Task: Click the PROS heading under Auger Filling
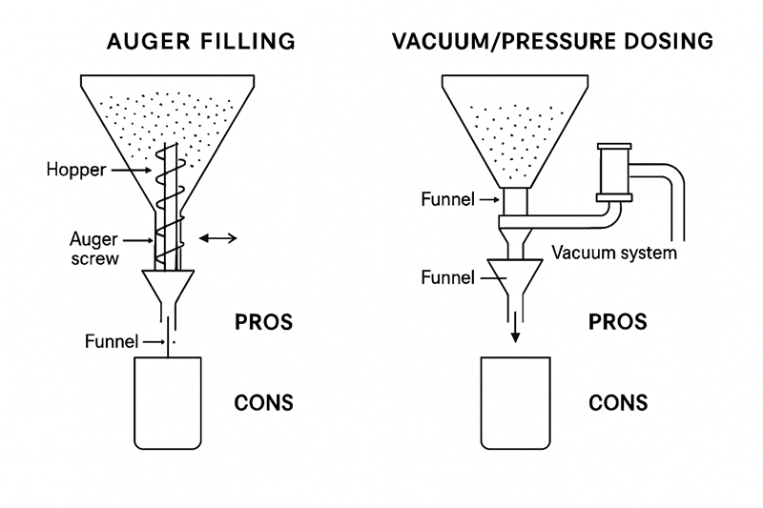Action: pos(263,322)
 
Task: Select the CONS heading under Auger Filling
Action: pos(263,402)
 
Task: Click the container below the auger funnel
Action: pos(168,402)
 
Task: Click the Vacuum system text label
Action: pos(615,253)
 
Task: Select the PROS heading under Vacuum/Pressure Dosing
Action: pos(618,322)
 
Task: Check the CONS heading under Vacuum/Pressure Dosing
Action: pos(618,402)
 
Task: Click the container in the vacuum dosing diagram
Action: pos(515,402)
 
